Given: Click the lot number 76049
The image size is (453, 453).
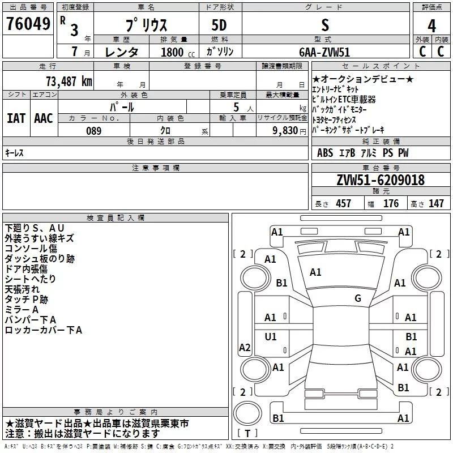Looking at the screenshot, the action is pyautogui.click(x=28, y=23).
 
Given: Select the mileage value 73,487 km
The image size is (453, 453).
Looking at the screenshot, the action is pyautogui.click(x=69, y=82).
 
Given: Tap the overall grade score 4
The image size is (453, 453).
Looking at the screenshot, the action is pyautogui.click(x=431, y=26).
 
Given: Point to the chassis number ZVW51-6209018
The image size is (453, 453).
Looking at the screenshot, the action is pyautogui.click(x=381, y=180).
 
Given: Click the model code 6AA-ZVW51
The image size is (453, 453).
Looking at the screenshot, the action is pyautogui.click(x=324, y=52).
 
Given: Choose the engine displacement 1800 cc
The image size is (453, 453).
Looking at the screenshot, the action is pyautogui.click(x=178, y=52).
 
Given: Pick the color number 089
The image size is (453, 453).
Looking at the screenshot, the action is pyautogui.click(x=94, y=131).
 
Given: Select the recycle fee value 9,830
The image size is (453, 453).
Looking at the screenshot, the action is pyautogui.click(x=285, y=131).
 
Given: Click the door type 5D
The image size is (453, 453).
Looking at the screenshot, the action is pyautogui.click(x=219, y=25).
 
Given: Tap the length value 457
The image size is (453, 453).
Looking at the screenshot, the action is pyautogui.click(x=344, y=203).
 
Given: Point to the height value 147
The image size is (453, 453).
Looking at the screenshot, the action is pyautogui.click(x=436, y=203).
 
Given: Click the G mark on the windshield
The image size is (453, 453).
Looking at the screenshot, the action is pyautogui.click(x=358, y=298).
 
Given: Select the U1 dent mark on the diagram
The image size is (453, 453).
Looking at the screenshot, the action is pyautogui.click(x=271, y=336).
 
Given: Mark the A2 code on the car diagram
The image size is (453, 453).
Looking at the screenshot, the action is pyautogui.click(x=245, y=347).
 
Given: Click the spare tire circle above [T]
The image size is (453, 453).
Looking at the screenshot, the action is pyautogui.click(x=247, y=413).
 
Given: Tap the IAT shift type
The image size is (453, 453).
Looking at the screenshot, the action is pyautogui.click(x=16, y=118).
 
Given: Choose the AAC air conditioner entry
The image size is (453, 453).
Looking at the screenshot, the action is pyautogui.click(x=44, y=118).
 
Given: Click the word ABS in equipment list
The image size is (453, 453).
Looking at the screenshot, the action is pyautogui.click(x=325, y=152).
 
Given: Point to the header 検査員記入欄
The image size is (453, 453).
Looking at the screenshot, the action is pyautogui.click(x=116, y=218).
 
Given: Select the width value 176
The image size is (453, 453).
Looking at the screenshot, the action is pyautogui.click(x=391, y=203).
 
